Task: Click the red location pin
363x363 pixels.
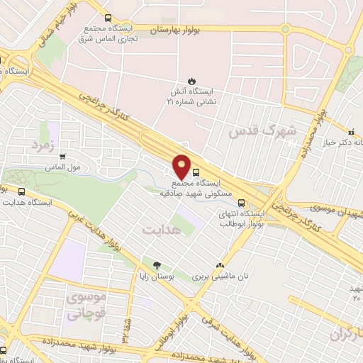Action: pos(183,167)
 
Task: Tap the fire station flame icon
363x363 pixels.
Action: pos(191,79)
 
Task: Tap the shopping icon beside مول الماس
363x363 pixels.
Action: pos(63,157)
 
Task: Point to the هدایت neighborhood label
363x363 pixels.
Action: pos(162,230)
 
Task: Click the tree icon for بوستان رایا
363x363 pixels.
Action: pos(147,263)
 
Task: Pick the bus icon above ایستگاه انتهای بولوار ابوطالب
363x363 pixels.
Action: pos(242,201)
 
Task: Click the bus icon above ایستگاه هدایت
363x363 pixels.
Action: pos(22,191)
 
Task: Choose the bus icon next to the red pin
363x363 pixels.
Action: pos(196,171)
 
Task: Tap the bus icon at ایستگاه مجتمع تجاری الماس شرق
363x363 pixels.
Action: pos(108,18)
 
